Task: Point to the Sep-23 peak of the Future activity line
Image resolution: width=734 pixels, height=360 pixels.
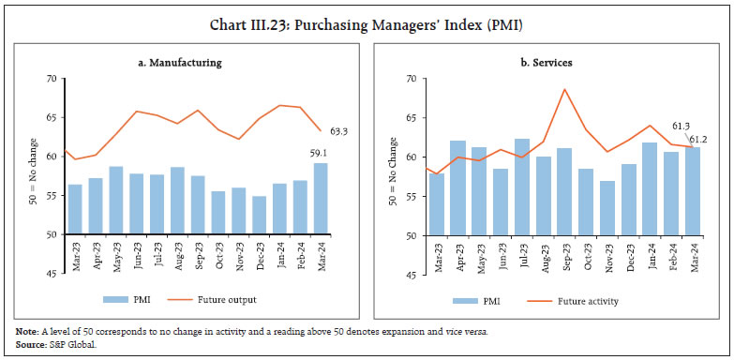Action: pos(564,89)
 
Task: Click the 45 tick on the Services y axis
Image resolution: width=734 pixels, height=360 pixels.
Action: pos(412,276)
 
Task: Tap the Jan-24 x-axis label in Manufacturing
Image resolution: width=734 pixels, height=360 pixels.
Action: pos(281,252)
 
